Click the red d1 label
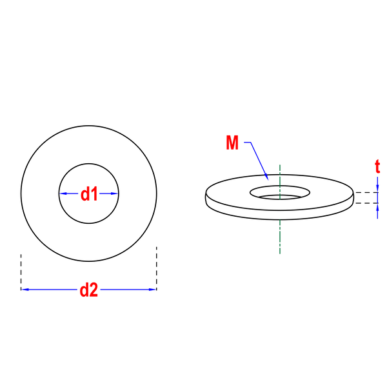[89, 193]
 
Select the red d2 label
[89, 290]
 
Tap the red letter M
[232, 143]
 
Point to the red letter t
[377, 166]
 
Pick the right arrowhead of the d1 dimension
[114, 193]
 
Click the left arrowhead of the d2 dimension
[25, 290]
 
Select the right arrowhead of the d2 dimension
[152, 290]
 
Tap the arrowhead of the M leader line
[266, 177]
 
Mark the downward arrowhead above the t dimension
[377, 188]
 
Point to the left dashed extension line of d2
[21, 272]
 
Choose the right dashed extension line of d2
[157, 268]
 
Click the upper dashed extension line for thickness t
[367, 192]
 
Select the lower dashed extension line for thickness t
[367, 203]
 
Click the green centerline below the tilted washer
[280, 237]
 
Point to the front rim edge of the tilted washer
[280, 219]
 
